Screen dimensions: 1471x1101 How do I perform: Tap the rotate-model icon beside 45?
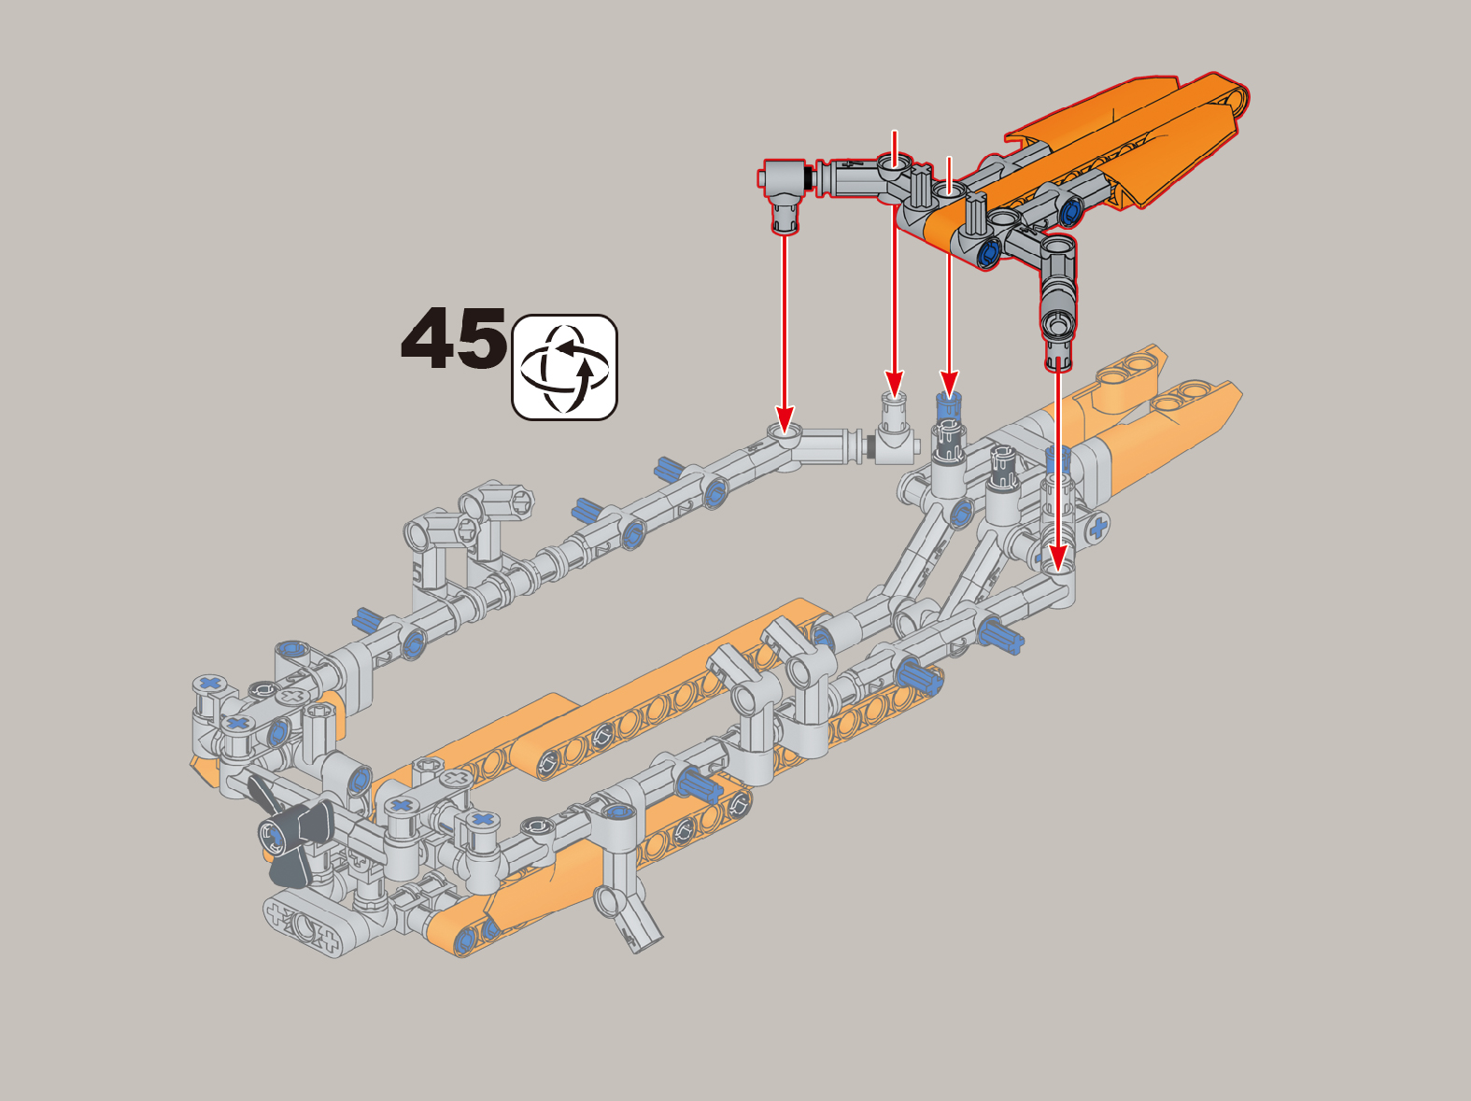(x=564, y=367)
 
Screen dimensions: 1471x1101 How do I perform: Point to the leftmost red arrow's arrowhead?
(x=785, y=416)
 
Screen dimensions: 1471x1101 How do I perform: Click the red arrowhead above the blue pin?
(x=948, y=382)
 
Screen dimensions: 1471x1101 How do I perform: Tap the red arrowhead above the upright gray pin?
(x=894, y=382)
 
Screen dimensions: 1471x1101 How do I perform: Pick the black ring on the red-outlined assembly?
(x=811, y=178)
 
